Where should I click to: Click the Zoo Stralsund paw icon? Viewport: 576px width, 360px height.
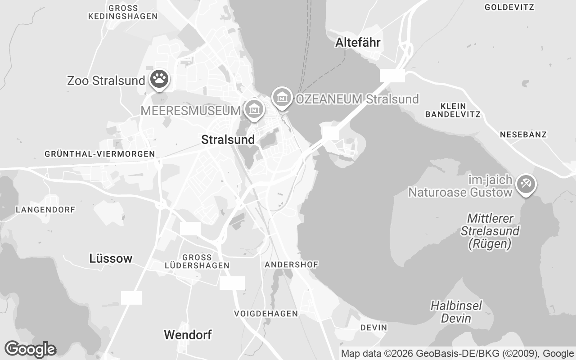(x=159, y=79)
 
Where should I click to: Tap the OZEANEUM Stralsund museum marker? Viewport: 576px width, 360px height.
(x=282, y=96)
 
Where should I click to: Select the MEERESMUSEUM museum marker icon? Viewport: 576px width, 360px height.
(x=254, y=108)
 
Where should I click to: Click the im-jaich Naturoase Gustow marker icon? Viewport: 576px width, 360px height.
(x=526, y=184)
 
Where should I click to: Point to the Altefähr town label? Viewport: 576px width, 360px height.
(x=358, y=43)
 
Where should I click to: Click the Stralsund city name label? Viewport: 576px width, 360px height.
(x=228, y=139)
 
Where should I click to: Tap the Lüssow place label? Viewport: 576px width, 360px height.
(x=111, y=258)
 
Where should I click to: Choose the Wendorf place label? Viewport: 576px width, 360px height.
(x=188, y=335)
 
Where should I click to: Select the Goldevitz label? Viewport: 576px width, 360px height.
(x=509, y=7)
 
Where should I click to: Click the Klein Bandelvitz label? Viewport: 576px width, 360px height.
(x=453, y=110)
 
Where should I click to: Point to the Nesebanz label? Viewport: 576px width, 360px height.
(x=523, y=135)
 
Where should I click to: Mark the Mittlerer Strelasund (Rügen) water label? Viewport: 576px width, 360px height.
(x=490, y=231)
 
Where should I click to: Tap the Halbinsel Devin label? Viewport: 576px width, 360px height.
(x=456, y=312)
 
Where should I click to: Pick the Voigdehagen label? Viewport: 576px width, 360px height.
(x=266, y=313)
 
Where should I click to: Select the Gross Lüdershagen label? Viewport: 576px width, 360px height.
(x=197, y=261)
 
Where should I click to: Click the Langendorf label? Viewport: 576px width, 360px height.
(x=45, y=210)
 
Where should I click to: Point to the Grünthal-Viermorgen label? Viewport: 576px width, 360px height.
(x=100, y=154)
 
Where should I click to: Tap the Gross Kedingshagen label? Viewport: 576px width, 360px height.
(x=123, y=12)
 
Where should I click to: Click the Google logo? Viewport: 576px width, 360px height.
(x=30, y=349)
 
